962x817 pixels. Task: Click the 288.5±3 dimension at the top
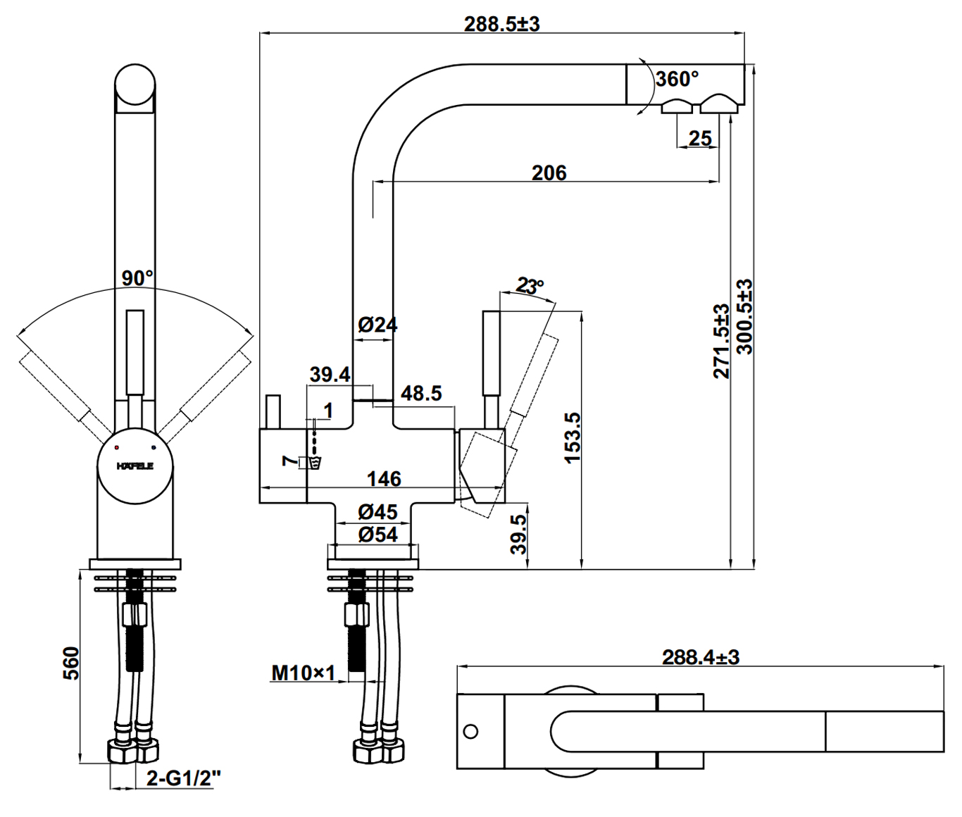coord(501,23)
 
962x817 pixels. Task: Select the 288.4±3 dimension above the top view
coord(700,657)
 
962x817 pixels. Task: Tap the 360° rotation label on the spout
coord(677,79)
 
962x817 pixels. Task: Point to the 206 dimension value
coord(549,173)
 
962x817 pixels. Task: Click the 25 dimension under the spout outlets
coord(699,138)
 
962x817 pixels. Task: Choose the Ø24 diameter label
coord(377,325)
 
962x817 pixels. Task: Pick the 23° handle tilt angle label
coord(530,286)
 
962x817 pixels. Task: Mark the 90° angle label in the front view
coord(137,278)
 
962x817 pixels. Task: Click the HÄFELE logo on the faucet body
coord(135,466)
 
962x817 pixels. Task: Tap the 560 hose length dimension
coord(71,663)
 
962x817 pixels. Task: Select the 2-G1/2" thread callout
coord(184,778)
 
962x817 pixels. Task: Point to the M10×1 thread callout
coord(304,673)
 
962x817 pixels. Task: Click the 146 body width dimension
coord(384,479)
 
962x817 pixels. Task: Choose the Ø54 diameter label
coord(378,535)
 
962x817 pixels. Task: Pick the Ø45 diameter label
coord(377,511)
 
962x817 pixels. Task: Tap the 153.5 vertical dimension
coord(573,437)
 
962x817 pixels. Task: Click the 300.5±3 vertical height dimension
coord(744,317)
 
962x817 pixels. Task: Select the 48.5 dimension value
coord(421,393)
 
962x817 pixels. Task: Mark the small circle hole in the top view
coord(470,730)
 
